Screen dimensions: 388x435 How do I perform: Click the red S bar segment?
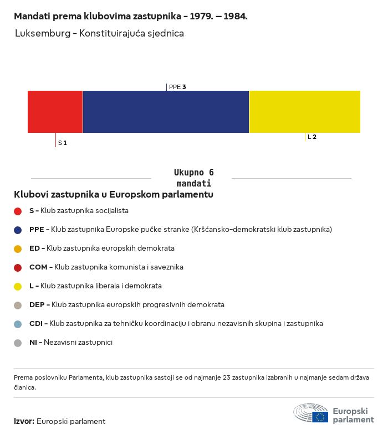coord(55,112)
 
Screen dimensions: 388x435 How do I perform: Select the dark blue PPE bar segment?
coord(166,112)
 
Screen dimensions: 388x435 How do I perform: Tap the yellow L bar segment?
coord(305,112)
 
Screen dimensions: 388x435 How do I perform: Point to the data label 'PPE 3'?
coord(177,87)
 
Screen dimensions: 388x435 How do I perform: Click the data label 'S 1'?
coord(62,143)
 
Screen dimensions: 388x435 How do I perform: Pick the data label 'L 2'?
coord(312,137)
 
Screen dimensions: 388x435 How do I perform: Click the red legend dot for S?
coord(18,211)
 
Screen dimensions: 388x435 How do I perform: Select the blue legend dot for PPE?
coord(18,230)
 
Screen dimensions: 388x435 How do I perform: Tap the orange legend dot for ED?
coord(18,249)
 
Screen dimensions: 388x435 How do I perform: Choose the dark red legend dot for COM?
coord(18,268)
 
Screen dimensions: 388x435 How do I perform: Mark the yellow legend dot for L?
coord(18,287)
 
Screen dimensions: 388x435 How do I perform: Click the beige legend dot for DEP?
coord(18,305)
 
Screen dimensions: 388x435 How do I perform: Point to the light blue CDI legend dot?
coord(18,324)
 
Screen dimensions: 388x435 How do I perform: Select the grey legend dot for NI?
coord(18,343)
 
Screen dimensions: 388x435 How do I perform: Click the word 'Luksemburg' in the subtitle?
coord(43,33)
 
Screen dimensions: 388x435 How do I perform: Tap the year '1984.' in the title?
coord(236,16)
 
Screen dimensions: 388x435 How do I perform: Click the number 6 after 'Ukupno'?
coord(211,172)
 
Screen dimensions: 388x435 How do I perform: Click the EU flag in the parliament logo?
coord(320,417)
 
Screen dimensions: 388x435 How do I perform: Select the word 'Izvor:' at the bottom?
coord(24,421)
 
